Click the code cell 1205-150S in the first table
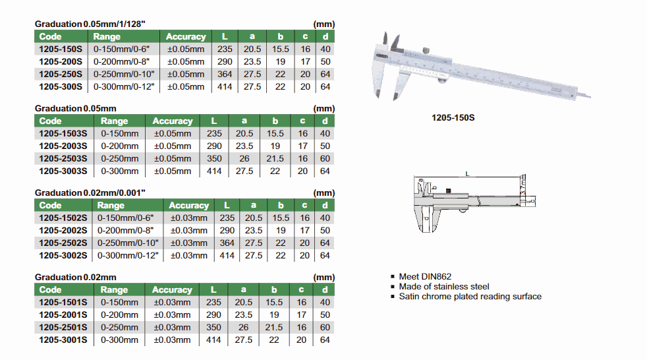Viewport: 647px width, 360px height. pos(61,49)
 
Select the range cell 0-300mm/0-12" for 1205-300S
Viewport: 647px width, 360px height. pos(124,86)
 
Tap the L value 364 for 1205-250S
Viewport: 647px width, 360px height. pos(225,75)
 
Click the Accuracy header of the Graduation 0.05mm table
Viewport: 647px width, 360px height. pos(173,121)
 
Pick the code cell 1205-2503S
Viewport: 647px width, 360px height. pos(63,158)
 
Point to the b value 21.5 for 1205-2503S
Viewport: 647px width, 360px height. pos(275,158)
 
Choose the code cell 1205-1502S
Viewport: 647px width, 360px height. pos(63,218)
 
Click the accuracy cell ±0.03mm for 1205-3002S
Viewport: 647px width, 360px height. pos(189,256)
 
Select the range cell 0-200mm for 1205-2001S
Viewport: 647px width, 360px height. pos(120,315)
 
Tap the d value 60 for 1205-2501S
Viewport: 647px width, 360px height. pos(325,328)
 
